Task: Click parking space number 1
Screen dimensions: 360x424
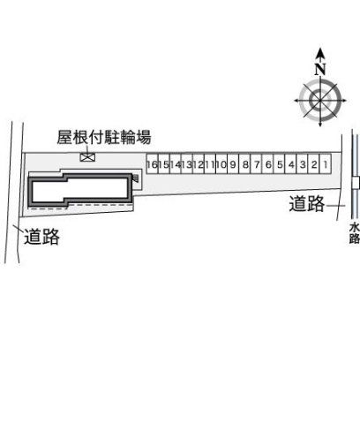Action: [x=326, y=163]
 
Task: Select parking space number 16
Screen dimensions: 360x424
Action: [x=153, y=163]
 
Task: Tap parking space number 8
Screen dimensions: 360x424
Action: [x=244, y=163]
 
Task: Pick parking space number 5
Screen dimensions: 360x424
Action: [x=280, y=163]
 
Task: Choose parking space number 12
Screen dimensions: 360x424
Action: [x=199, y=163]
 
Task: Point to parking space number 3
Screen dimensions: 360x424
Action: [x=303, y=163]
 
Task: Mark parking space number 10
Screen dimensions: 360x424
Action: [x=221, y=163]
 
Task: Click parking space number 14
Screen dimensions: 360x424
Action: [x=176, y=163]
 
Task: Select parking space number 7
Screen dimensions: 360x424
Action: [x=256, y=163]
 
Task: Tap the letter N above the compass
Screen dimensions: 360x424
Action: [x=320, y=70]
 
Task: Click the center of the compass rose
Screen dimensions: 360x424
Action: [x=320, y=101]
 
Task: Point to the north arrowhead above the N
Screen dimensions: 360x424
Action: [x=320, y=53]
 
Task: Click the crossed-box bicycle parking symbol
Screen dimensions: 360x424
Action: [x=87, y=157]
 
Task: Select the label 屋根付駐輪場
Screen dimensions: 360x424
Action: [x=104, y=137]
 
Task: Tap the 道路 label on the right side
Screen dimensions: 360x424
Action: [x=307, y=203]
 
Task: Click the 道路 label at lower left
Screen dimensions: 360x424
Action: [x=41, y=237]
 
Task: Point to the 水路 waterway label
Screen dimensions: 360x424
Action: [x=355, y=233]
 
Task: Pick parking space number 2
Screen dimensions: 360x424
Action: [x=314, y=163]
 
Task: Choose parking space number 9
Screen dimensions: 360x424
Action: [x=233, y=163]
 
